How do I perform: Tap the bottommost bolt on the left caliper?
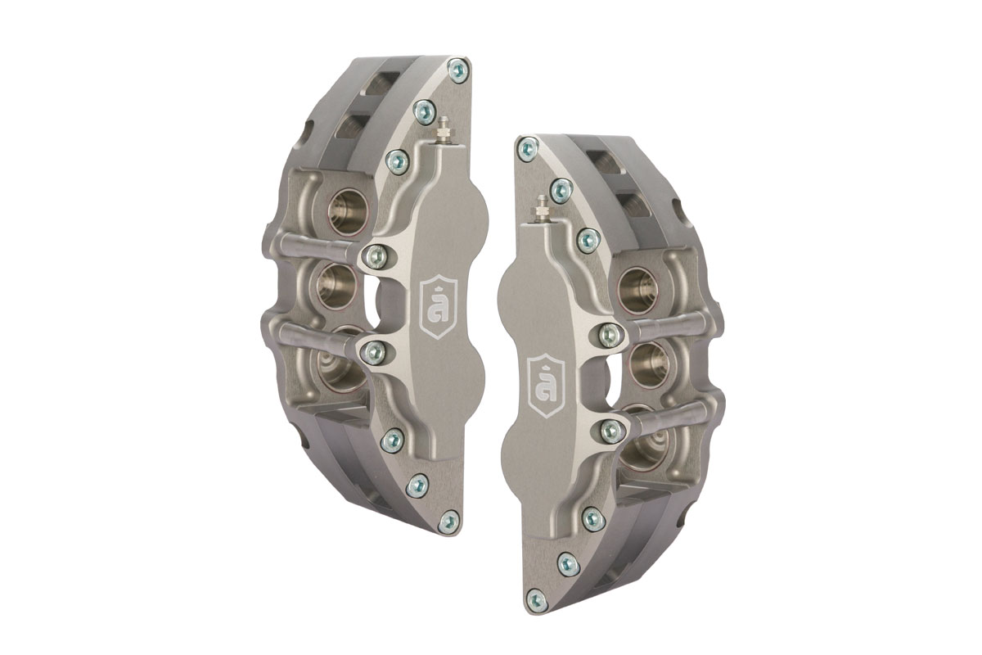449,522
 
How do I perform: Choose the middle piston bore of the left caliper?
336,286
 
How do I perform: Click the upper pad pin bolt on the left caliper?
376,257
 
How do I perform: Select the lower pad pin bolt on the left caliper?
373,353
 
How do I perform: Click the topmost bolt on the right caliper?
528,147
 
